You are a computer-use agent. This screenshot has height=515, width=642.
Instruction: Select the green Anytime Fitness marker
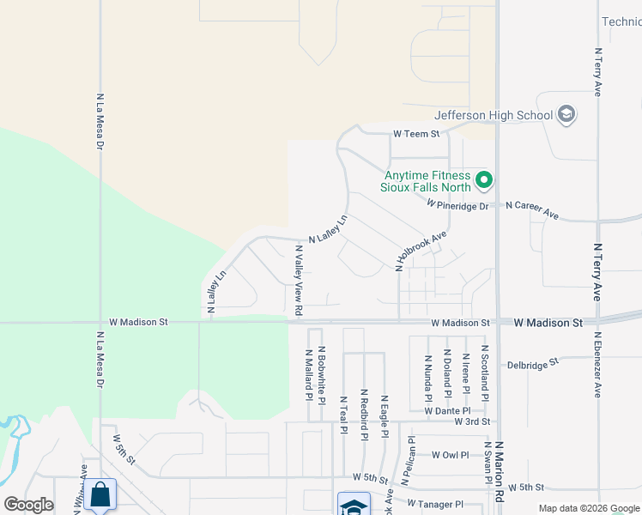[x=484, y=180]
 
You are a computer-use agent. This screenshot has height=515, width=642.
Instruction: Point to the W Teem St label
[x=416, y=134]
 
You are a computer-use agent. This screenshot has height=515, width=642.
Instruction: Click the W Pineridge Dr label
[x=457, y=205]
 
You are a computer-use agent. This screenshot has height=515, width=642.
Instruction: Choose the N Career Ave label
[x=532, y=210]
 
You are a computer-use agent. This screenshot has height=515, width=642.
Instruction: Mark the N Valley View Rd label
[x=299, y=280]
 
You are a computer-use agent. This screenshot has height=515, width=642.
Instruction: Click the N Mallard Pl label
[x=308, y=373]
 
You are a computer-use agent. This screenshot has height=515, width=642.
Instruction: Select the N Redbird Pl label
[x=364, y=414]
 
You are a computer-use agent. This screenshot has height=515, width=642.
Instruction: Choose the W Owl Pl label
[x=451, y=455]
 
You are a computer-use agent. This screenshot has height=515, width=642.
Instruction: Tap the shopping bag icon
[x=100, y=494]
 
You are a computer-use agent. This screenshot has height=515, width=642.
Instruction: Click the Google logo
[x=29, y=505]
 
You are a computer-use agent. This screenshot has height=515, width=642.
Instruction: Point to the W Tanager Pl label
[x=434, y=504]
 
